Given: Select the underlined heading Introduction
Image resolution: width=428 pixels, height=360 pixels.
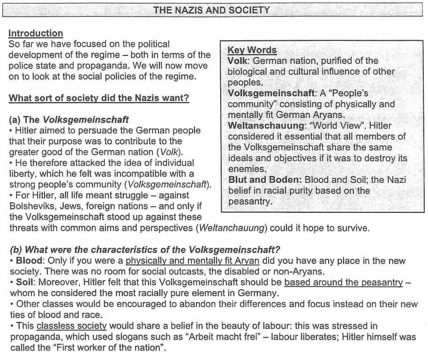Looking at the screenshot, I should click(x=36, y=33).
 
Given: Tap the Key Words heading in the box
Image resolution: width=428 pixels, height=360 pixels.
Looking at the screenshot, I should click(x=252, y=50).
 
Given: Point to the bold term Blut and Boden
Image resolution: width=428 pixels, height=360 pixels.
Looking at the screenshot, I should click(x=264, y=180).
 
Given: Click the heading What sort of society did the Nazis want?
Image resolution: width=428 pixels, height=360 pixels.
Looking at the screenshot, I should click(x=99, y=98).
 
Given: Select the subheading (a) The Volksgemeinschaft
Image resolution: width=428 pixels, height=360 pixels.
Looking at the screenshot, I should click(x=69, y=120).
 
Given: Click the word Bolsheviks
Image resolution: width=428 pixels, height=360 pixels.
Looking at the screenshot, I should click(x=30, y=206).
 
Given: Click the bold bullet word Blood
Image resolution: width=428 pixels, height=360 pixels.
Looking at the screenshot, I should click(x=29, y=261).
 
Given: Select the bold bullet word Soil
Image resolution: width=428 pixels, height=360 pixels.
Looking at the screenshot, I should click(x=25, y=283).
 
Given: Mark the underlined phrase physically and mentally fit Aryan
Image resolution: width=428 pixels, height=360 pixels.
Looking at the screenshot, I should click(x=192, y=261).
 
